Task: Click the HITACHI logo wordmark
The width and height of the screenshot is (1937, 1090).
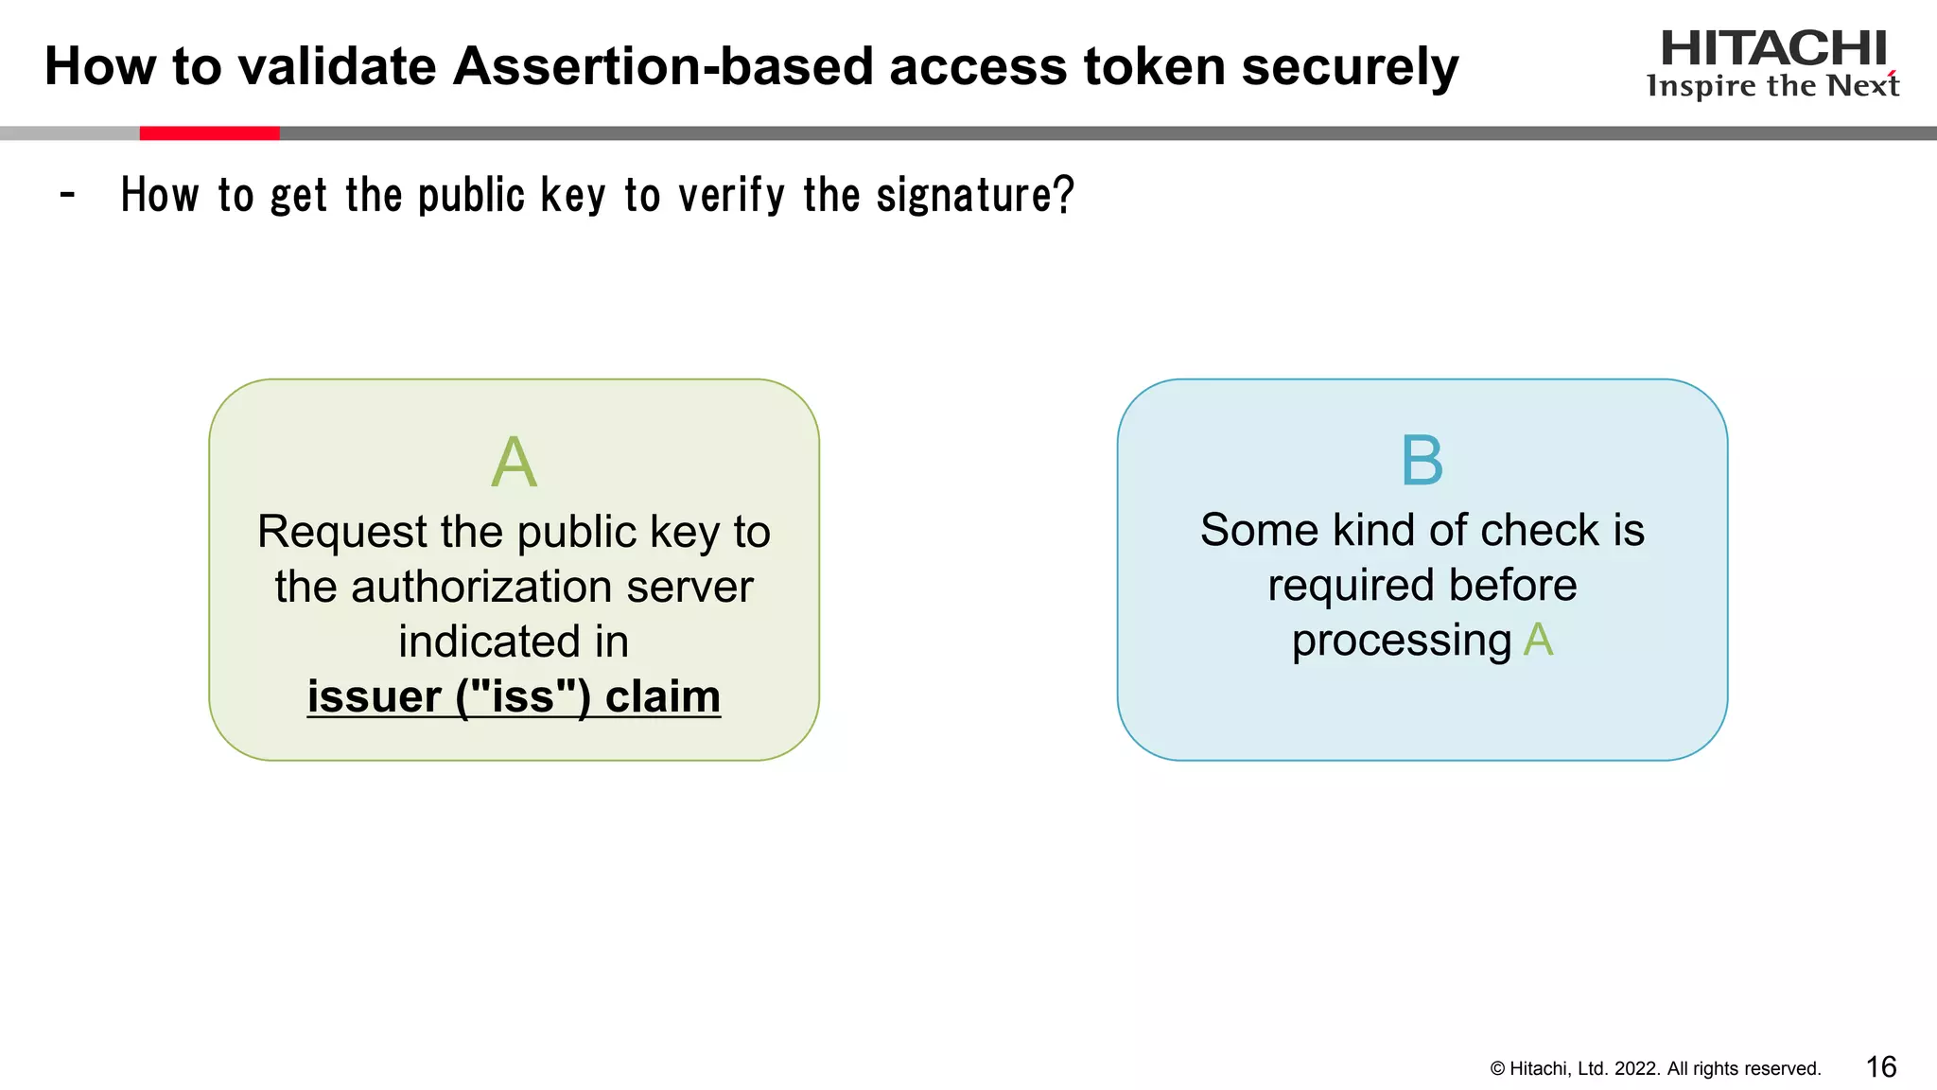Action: tap(1773, 48)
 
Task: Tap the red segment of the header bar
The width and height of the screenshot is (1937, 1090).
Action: tap(209, 133)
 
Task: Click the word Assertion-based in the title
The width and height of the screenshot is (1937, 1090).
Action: tap(662, 67)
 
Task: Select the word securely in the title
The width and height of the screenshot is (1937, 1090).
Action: tap(1350, 67)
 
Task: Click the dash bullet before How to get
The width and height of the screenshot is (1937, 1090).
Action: tap(67, 196)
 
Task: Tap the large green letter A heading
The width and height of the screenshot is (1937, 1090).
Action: tap(514, 463)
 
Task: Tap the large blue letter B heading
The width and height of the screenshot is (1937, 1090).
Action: tap(1422, 461)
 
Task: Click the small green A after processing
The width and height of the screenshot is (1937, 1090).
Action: tap(1538, 641)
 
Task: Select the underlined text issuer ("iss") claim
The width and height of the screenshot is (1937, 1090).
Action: tap(514, 697)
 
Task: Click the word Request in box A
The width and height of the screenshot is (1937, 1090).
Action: tap(341, 532)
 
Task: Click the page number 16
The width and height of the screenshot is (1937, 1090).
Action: tap(1880, 1067)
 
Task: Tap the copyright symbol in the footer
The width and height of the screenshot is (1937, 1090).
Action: tap(1497, 1069)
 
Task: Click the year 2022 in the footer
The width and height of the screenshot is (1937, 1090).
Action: tap(1636, 1069)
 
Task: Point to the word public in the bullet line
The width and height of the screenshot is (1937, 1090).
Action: tap(471, 196)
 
